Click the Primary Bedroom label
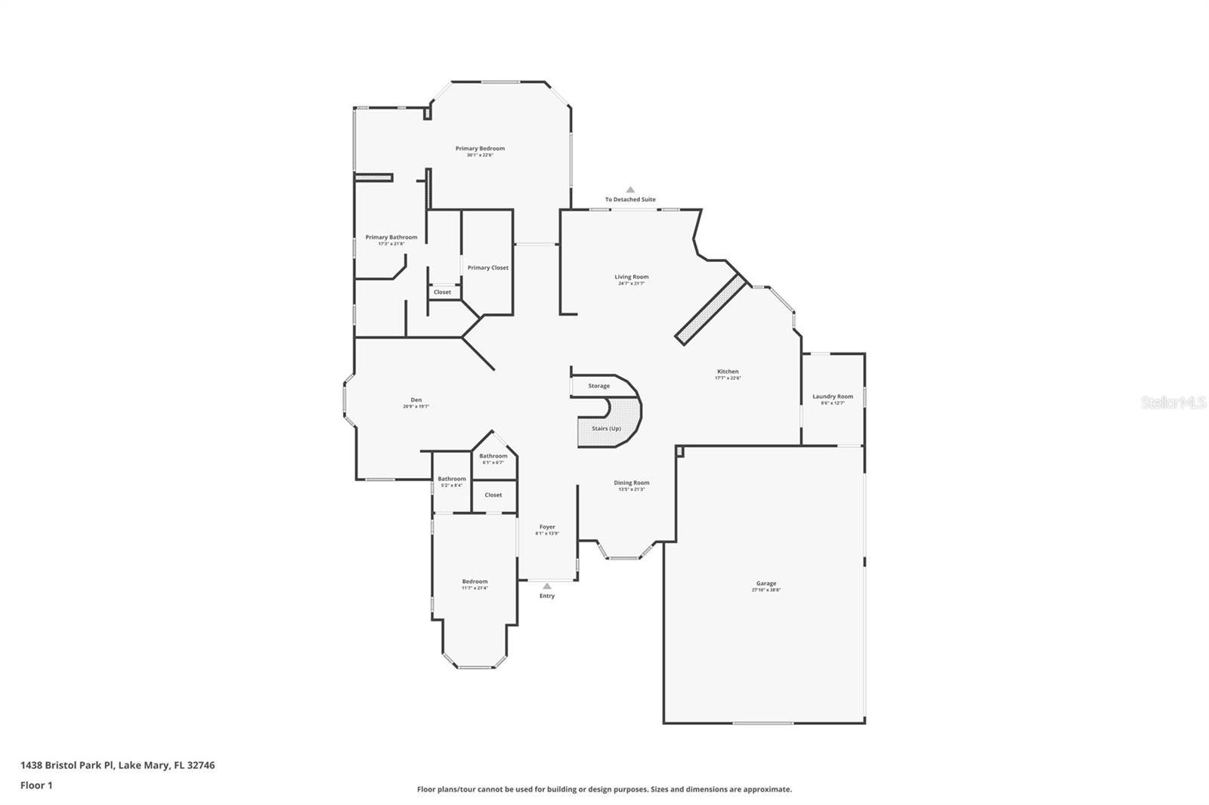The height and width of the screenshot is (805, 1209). (x=480, y=149)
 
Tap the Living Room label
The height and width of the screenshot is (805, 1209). (x=631, y=277)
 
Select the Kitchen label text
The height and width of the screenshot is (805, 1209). (x=728, y=372)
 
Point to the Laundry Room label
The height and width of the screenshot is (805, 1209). (x=833, y=396)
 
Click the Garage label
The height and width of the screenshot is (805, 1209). (x=766, y=584)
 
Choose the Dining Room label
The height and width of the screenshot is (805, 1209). (x=631, y=483)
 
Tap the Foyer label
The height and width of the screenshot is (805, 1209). (x=547, y=527)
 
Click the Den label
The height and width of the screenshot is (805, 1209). (x=416, y=400)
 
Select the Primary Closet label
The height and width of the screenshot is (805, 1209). (x=487, y=267)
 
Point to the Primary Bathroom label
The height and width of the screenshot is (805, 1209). (x=391, y=237)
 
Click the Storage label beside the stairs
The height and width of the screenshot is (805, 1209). (x=598, y=386)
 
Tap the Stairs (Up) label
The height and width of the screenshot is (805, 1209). (x=606, y=428)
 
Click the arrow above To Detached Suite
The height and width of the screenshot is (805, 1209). (x=630, y=190)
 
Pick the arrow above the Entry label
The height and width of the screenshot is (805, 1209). (x=547, y=585)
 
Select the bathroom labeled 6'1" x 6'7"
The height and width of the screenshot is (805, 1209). (x=493, y=456)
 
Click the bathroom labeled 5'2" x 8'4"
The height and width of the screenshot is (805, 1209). (x=452, y=479)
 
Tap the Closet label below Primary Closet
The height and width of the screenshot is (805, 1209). (x=442, y=292)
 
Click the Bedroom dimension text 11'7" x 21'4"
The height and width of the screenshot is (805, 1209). (x=475, y=588)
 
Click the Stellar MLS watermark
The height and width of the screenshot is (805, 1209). (x=1173, y=402)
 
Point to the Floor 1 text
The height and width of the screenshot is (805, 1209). (x=36, y=785)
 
